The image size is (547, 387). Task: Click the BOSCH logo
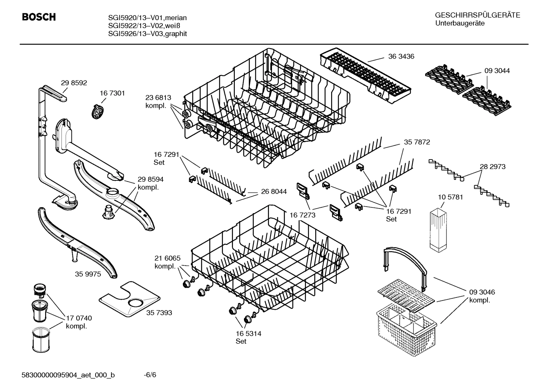(x=39, y=17)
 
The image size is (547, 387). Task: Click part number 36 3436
(x=401, y=57)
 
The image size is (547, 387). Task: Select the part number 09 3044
(x=497, y=71)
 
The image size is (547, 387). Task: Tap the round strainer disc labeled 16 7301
(x=98, y=111)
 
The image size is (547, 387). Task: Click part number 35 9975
(x=88, y=274)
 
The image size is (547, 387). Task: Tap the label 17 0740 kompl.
(x=79, y=322)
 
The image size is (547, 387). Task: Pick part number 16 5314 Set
(x=248, y=337)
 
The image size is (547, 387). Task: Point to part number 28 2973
(x=492, y=167)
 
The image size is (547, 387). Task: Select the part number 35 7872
(x=417, y=142)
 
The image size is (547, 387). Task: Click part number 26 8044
(x=273, y=192)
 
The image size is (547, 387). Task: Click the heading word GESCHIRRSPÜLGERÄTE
(x=478, y=16)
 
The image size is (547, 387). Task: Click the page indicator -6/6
(x=150, y=375)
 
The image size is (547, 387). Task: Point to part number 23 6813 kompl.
(x=158, y=102)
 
